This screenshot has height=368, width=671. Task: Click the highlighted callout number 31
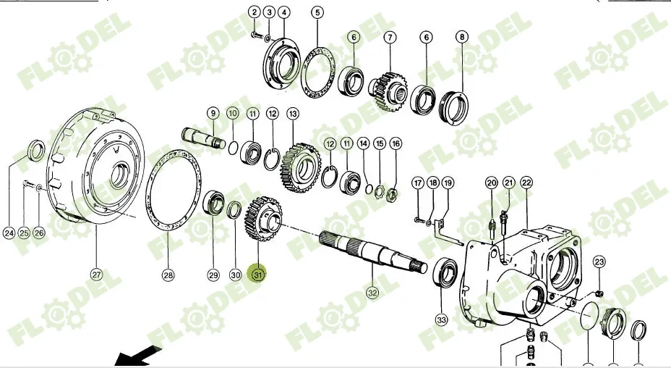[x=258, y=275]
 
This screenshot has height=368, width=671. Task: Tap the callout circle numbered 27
[x=96, y=275]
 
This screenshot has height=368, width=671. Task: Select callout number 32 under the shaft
[x=372, y=293]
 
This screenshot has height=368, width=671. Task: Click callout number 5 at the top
[x=318, y=12]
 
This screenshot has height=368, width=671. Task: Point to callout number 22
[x=526, y=183]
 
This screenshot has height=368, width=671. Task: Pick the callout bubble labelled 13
[x=293, y=114]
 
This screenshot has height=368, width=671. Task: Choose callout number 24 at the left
[x=9, y=233]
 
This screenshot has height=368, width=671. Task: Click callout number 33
[x=441, y=319]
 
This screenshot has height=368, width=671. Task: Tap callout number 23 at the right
[x=599, y=262]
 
